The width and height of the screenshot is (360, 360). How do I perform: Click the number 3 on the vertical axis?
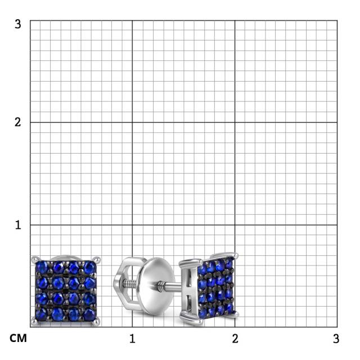click(17, 24)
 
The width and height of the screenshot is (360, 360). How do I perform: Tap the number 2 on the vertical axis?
click(17, 122)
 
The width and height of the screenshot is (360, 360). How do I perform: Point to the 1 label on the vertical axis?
click(18, 225)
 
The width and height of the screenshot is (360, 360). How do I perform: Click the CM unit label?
click(18, 338)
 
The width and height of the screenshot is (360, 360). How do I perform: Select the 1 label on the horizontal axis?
click(132, 339)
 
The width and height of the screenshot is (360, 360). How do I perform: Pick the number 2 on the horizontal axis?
click(235, 339)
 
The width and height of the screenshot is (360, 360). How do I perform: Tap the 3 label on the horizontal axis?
click(336, 339)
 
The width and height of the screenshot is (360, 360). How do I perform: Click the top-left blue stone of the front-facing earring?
click(42, 268)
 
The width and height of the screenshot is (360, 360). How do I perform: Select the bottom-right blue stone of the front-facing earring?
click(89, 314)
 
